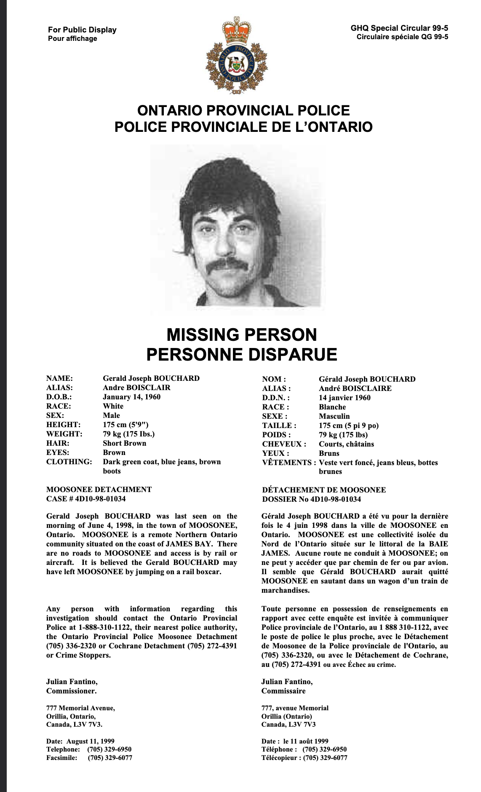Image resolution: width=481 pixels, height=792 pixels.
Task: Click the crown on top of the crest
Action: [236, 29]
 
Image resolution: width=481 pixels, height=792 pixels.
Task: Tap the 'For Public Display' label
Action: [82, 29]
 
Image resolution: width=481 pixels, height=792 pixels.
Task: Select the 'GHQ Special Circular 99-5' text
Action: [399, 28]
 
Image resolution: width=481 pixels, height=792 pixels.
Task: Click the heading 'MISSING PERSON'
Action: [241, 335]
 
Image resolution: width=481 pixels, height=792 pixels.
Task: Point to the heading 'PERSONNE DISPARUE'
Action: [241, 354]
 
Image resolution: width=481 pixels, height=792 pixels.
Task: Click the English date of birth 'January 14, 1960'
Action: [131, 397]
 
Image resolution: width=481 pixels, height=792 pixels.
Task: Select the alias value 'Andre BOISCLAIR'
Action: [136, 388]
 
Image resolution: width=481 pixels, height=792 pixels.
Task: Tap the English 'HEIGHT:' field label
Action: [63, 425]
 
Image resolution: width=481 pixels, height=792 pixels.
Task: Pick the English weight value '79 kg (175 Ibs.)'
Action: [128, 434]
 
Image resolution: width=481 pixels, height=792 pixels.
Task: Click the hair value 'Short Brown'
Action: [124, 443]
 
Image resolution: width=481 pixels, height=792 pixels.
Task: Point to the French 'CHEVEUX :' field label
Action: [284, 444]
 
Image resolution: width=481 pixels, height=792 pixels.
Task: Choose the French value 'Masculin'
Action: [334, 416]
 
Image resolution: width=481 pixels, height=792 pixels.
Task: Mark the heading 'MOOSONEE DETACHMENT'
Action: [99, 490]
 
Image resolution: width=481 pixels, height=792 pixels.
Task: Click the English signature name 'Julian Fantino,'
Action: [72, 682]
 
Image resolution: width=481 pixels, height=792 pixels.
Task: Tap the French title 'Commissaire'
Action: [283, 691]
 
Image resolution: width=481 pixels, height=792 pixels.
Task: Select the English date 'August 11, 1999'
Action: [91, 741]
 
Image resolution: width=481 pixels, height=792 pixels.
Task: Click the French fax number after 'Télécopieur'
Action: [325, 758]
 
